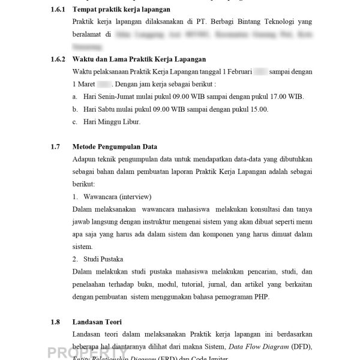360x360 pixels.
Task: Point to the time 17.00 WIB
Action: coord(286,97)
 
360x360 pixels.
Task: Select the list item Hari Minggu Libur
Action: coord(112,122)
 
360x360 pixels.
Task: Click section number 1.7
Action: coord(55,146)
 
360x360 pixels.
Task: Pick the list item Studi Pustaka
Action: coord(103,259)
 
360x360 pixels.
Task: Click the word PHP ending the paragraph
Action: coord(262,296)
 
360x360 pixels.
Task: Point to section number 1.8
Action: coord(55,322)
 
